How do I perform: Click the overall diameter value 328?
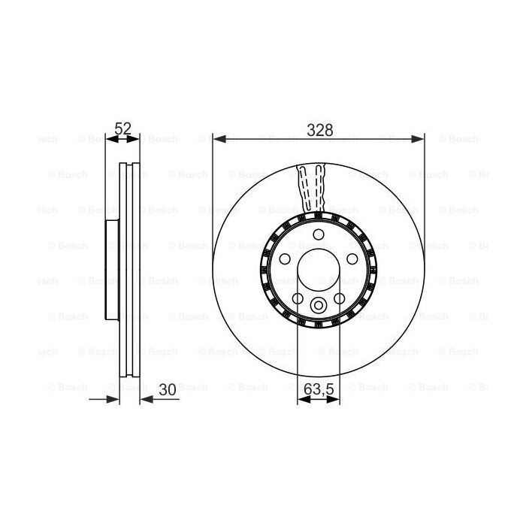[319, 129]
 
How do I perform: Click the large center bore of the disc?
[319, 272]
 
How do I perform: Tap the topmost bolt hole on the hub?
[319, 234]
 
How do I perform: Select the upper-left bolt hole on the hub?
[285, 259]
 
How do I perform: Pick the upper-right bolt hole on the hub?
[353, 259]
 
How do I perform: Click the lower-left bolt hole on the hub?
[298, 299]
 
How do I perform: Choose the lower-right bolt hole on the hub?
[340, 299]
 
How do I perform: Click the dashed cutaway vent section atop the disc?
[313, 186]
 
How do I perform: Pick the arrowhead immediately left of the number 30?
[146, 400]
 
